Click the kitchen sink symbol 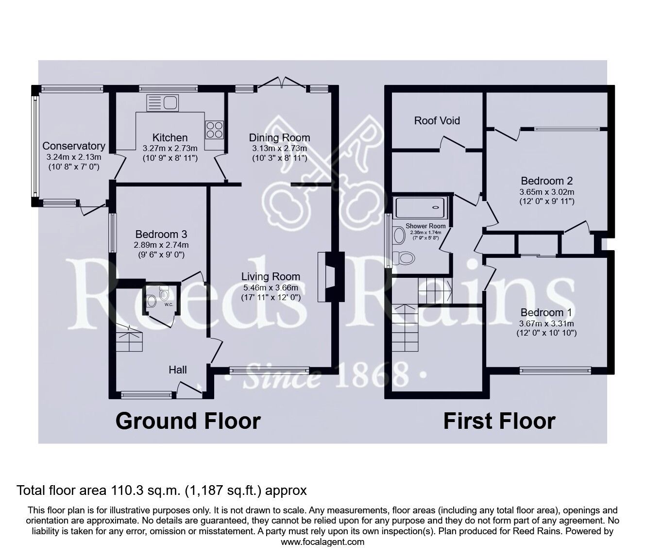point(163,103)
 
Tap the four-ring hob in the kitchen point(214,129)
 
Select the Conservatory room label point(74,146)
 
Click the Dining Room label point(279,137)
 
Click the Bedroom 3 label point(161,234)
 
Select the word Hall point(178,370)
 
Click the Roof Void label point(437,120)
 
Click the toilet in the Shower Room point(405,257)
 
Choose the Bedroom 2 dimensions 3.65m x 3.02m point(546,191)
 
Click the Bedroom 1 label point(546,312)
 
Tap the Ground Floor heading point(188,421)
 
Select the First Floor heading point(499,421)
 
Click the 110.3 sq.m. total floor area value point(144,491)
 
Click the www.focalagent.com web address point(322,542)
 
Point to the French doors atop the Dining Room point(282,84)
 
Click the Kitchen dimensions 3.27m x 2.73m point(170,148)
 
